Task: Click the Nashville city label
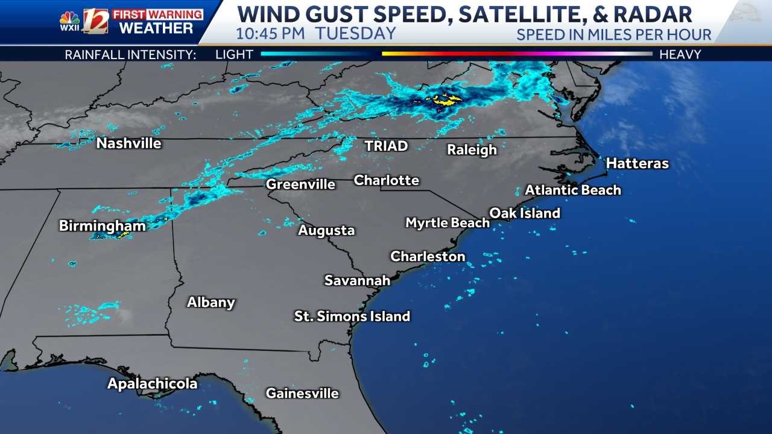pos(128,143)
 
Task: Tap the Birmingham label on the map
pos(102,226)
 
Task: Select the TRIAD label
pos(386,146)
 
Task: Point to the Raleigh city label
pos(472,149)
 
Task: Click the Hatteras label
pos(637,163)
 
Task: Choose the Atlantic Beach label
pos(572,190)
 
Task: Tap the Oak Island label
pos(524,213)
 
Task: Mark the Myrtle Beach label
pos(447,223)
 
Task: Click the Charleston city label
pos(428,256)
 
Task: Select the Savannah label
pos(357,280)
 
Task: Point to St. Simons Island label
pos(352,316)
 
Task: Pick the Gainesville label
pos(302,394)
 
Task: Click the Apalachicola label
pos(152,384)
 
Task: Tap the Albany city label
pos(210,303)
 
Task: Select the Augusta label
pos(326,230)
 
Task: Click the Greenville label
pos(300,184)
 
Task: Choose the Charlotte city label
pos(386,180)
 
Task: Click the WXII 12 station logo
pos(84,21)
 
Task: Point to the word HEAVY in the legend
pos(680,54)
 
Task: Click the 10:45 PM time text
pos(270,33)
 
